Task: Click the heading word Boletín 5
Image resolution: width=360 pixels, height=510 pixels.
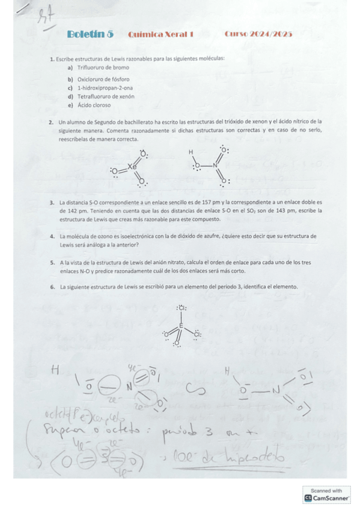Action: tap(90, 34)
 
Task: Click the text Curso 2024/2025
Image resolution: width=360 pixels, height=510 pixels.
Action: tap(258, 34)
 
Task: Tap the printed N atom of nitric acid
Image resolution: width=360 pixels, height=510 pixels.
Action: tap(215, 164)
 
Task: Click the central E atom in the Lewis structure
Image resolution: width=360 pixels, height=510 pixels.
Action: tap(181, 325)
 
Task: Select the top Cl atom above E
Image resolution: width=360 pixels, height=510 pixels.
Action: tap(181, 309)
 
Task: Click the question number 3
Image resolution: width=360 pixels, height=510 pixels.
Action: tap(52, 203)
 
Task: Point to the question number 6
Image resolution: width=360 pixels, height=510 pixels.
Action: tap(52, 287)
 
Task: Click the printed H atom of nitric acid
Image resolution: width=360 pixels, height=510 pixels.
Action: tap(191, 152)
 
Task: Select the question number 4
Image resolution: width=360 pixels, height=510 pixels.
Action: tap(52, 236)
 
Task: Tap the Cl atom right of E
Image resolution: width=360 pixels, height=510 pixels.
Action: tap(197, 334)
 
